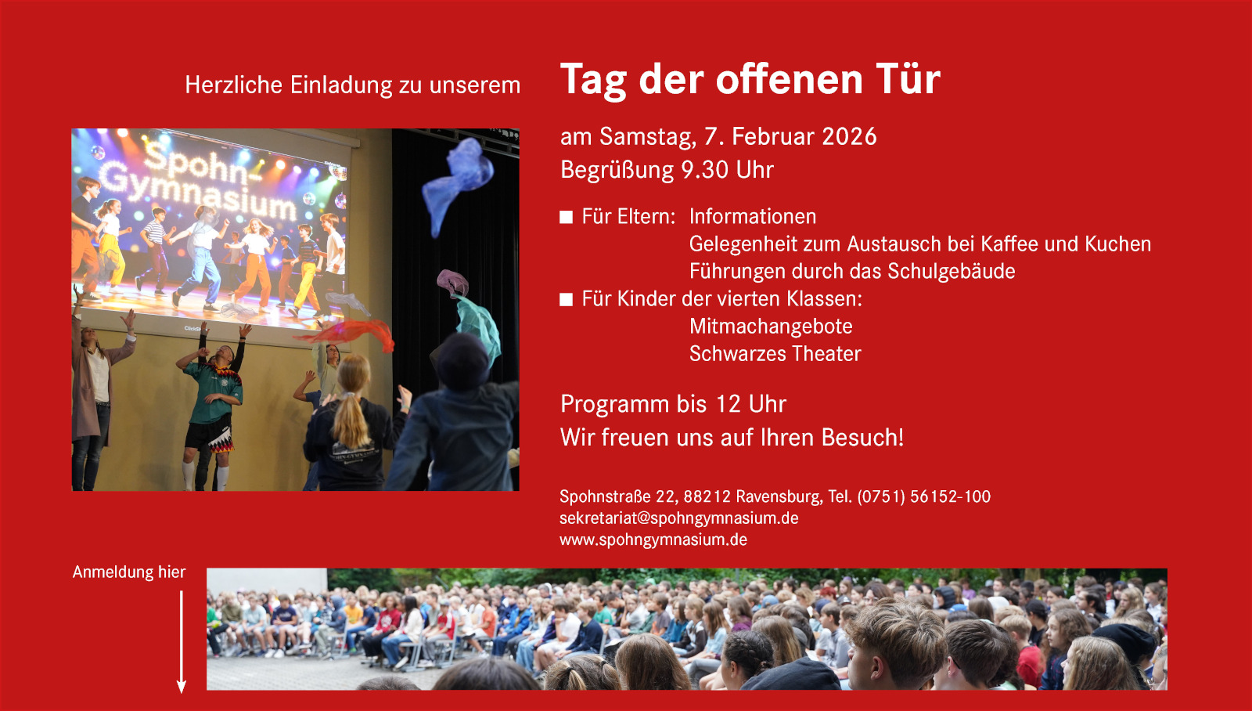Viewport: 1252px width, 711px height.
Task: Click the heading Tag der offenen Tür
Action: (x=750, y=79)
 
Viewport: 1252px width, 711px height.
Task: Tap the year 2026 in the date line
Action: (x=849, y=136)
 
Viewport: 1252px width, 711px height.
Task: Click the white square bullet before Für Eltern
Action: (x=567, y=217)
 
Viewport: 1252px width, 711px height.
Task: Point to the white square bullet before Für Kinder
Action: (x=567, y=300)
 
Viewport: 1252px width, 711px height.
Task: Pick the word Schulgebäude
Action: (x=951, y=271)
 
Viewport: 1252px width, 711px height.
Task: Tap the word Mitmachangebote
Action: (x=771, y=326)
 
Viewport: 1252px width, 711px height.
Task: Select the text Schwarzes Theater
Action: (x=775, y=353)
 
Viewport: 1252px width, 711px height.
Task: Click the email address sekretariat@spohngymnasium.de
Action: (x=679, y=518)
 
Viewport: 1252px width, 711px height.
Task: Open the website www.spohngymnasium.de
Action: (x=653, y=540)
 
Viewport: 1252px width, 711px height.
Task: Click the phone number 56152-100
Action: (x=950, y=496)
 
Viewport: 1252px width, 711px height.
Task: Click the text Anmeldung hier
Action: (x=129, y=572)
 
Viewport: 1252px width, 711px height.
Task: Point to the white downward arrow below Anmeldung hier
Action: (x=181, y=642)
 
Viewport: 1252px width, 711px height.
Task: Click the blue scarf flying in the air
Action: (x=457, y=185)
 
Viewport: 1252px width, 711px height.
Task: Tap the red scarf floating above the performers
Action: (x=347, y=334)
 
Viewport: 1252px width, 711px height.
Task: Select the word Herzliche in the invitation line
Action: (x=234, y=85)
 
